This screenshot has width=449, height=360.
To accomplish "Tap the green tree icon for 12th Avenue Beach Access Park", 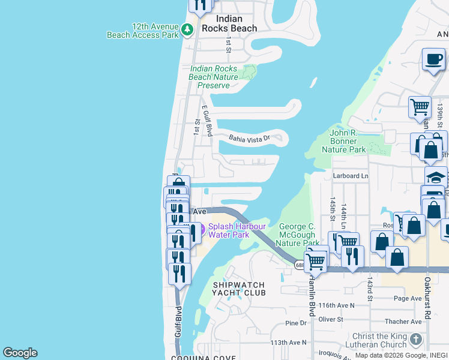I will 187,29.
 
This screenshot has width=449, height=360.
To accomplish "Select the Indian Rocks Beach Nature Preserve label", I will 214,77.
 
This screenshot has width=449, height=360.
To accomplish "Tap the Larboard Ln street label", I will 350,176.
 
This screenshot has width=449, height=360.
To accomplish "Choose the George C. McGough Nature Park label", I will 297,235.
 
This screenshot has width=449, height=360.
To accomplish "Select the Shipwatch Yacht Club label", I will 238,289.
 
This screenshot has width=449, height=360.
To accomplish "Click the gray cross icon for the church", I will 416,340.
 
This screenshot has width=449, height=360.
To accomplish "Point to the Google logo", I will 20,353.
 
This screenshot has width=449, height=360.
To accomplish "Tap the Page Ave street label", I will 408,298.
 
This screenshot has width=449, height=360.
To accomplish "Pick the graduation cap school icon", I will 436,176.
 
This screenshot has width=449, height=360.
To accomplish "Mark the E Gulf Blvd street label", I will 207,121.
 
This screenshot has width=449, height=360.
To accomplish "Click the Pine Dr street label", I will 296,323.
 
